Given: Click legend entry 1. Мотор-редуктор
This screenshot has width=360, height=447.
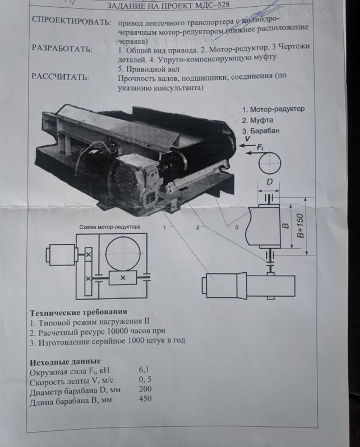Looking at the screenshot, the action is [273, 109].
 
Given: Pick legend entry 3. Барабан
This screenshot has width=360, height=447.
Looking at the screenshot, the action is [263, 131].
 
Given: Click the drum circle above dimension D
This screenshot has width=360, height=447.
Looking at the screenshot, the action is [270, 163].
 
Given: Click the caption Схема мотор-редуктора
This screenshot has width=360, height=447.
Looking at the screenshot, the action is [109, 227].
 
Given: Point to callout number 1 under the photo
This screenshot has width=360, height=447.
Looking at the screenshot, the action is [164, 228].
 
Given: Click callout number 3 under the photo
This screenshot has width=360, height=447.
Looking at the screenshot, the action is [236, 227].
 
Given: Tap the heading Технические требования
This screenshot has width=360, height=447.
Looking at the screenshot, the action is [78, 311].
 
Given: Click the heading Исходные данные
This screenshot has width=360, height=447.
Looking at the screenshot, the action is [65, 361].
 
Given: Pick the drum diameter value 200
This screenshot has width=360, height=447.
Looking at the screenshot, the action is [145, 389].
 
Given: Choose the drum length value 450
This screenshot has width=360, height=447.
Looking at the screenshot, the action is [145, 399].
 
